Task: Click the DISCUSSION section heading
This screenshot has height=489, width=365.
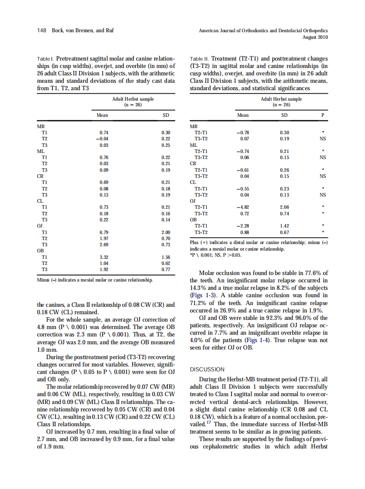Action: (x=207, y=369)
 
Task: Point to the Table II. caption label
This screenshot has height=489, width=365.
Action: (x=200, y=58)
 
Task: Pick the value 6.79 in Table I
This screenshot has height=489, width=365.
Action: (x=103, y=232)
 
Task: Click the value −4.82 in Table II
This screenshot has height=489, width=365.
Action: (x=242, y=207)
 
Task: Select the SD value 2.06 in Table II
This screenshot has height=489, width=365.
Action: (x=284, y=207)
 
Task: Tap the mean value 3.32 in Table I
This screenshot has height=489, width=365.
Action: (x=103, y=257)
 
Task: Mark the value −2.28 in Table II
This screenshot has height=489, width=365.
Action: (x=242, y=226)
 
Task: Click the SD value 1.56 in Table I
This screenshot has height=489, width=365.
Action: (x=166, y=257)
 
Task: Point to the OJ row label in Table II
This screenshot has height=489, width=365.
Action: (x=194, y=201)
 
